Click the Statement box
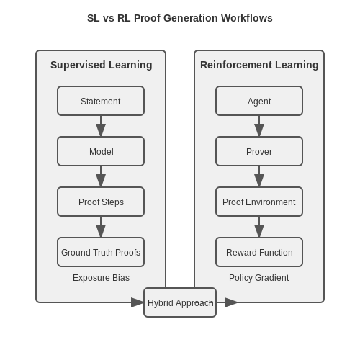[x=101, y=101]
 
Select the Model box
[x=101, y=151]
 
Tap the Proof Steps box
[x=101, y=202]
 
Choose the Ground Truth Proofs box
[x=101, y=252]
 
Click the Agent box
[x=259, y=101]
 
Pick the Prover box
[x=259, y=151]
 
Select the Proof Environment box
[x=259, y=202]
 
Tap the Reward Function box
[x=259, y=252]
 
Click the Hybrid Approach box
[x=180, y=302]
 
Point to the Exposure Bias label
[x=101, y=278]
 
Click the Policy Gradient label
[x=259, y=278]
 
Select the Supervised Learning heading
[x=102, y=65]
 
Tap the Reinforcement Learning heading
[x=259, y=65]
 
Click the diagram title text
[x=180, y=18]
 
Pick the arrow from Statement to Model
[x=101, y=126]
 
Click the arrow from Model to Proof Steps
[x=101, y=176]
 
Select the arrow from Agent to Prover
[x=259, y=126]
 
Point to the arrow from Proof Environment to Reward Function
[x=259, y=227]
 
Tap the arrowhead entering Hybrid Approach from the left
[x=138, y=302]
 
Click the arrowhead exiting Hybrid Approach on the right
[x=231, y=302]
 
